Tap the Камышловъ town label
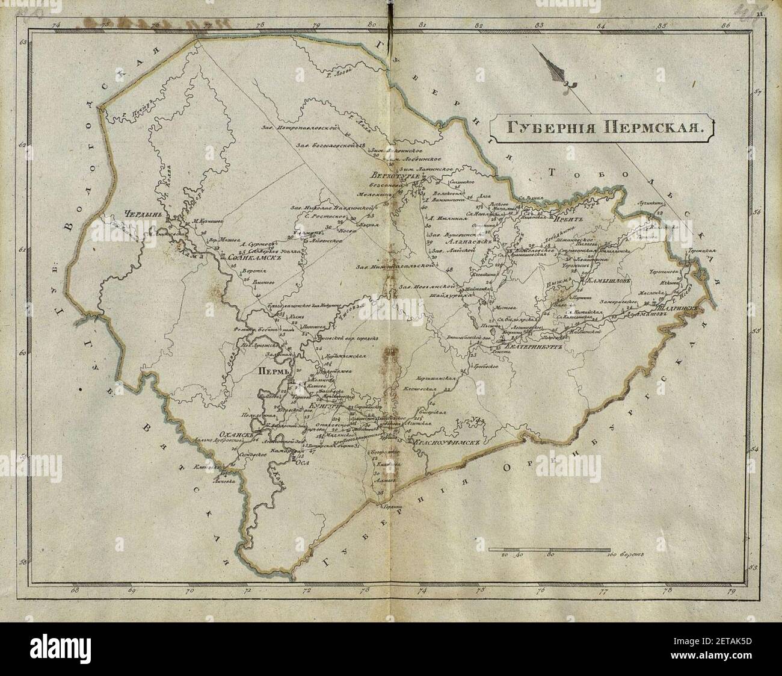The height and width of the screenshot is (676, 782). coord(608,281)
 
